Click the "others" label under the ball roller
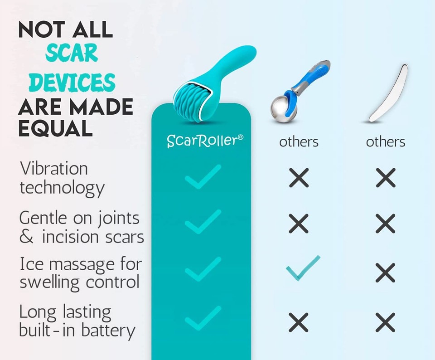tap(299, 142)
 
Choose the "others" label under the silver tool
tap(386, 142)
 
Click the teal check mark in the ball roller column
tap(302, 268)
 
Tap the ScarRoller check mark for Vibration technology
tap(203, 176)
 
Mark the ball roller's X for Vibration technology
tap(299, 177)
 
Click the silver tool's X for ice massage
tap(386, 272)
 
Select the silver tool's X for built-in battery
tap(386, 322)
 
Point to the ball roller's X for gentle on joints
tap(299, 224)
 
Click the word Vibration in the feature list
tap(54, 169)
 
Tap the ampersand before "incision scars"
tap(26, 237)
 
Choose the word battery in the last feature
tap(111, 331)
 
